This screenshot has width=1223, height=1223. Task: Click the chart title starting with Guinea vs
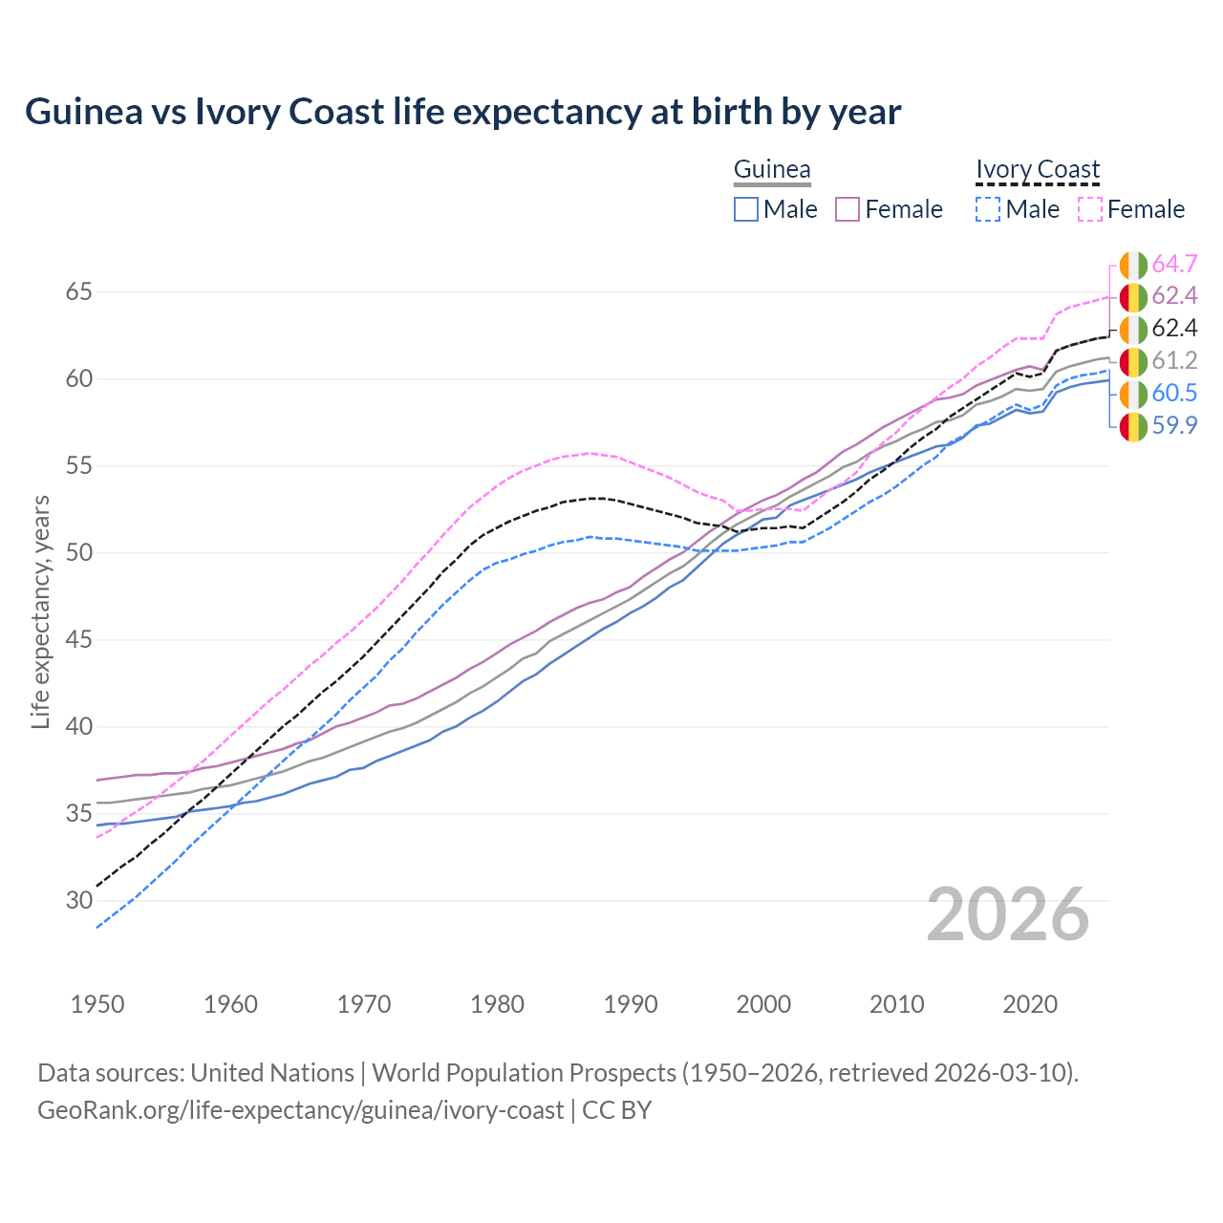(x=462, y=112)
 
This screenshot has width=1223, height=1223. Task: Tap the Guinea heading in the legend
(x=771, y=169)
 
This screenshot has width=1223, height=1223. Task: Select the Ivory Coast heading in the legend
(x=1038, y=169)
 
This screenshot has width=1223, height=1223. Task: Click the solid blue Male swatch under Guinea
(x=746, y=209)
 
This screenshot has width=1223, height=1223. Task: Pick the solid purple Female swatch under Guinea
(x=848, y=209)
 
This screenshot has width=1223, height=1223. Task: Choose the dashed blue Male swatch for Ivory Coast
(x=988, y=209)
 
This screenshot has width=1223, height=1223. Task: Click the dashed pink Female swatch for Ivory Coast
(x=1090, y=209)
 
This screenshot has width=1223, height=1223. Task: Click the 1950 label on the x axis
(x=97, y=1004)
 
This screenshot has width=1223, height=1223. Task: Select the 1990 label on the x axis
(x=631, y=1004)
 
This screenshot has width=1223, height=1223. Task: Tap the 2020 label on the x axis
(x=1030, y=1004)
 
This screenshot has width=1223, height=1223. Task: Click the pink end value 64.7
(x=1174, y=264)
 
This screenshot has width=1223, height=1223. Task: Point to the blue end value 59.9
(x=1174, y=426)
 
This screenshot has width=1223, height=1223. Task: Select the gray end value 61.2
(x=1174, y=361)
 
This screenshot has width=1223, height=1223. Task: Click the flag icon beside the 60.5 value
(x=1133, y=394)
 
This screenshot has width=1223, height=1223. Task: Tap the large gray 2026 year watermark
(x=1008, y=914)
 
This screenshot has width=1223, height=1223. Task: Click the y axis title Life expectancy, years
(x=40, y=611)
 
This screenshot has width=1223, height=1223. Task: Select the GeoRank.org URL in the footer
(x=300, y=1110)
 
